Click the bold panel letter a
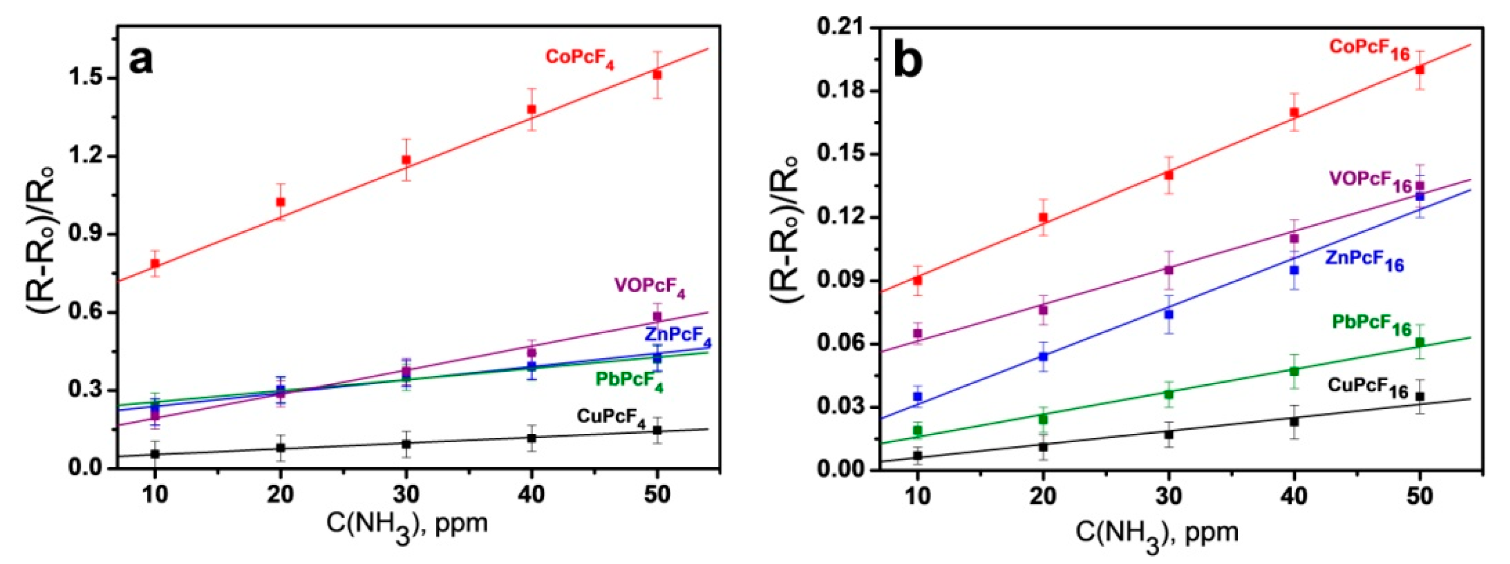click(141, 60)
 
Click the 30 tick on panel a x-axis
click(406, 495)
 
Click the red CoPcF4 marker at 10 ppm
click(155, 263)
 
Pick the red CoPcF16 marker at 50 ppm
click(1420, 70)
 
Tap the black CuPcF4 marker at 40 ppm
click(531, 438)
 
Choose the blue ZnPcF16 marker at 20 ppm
click(1044, 356)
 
